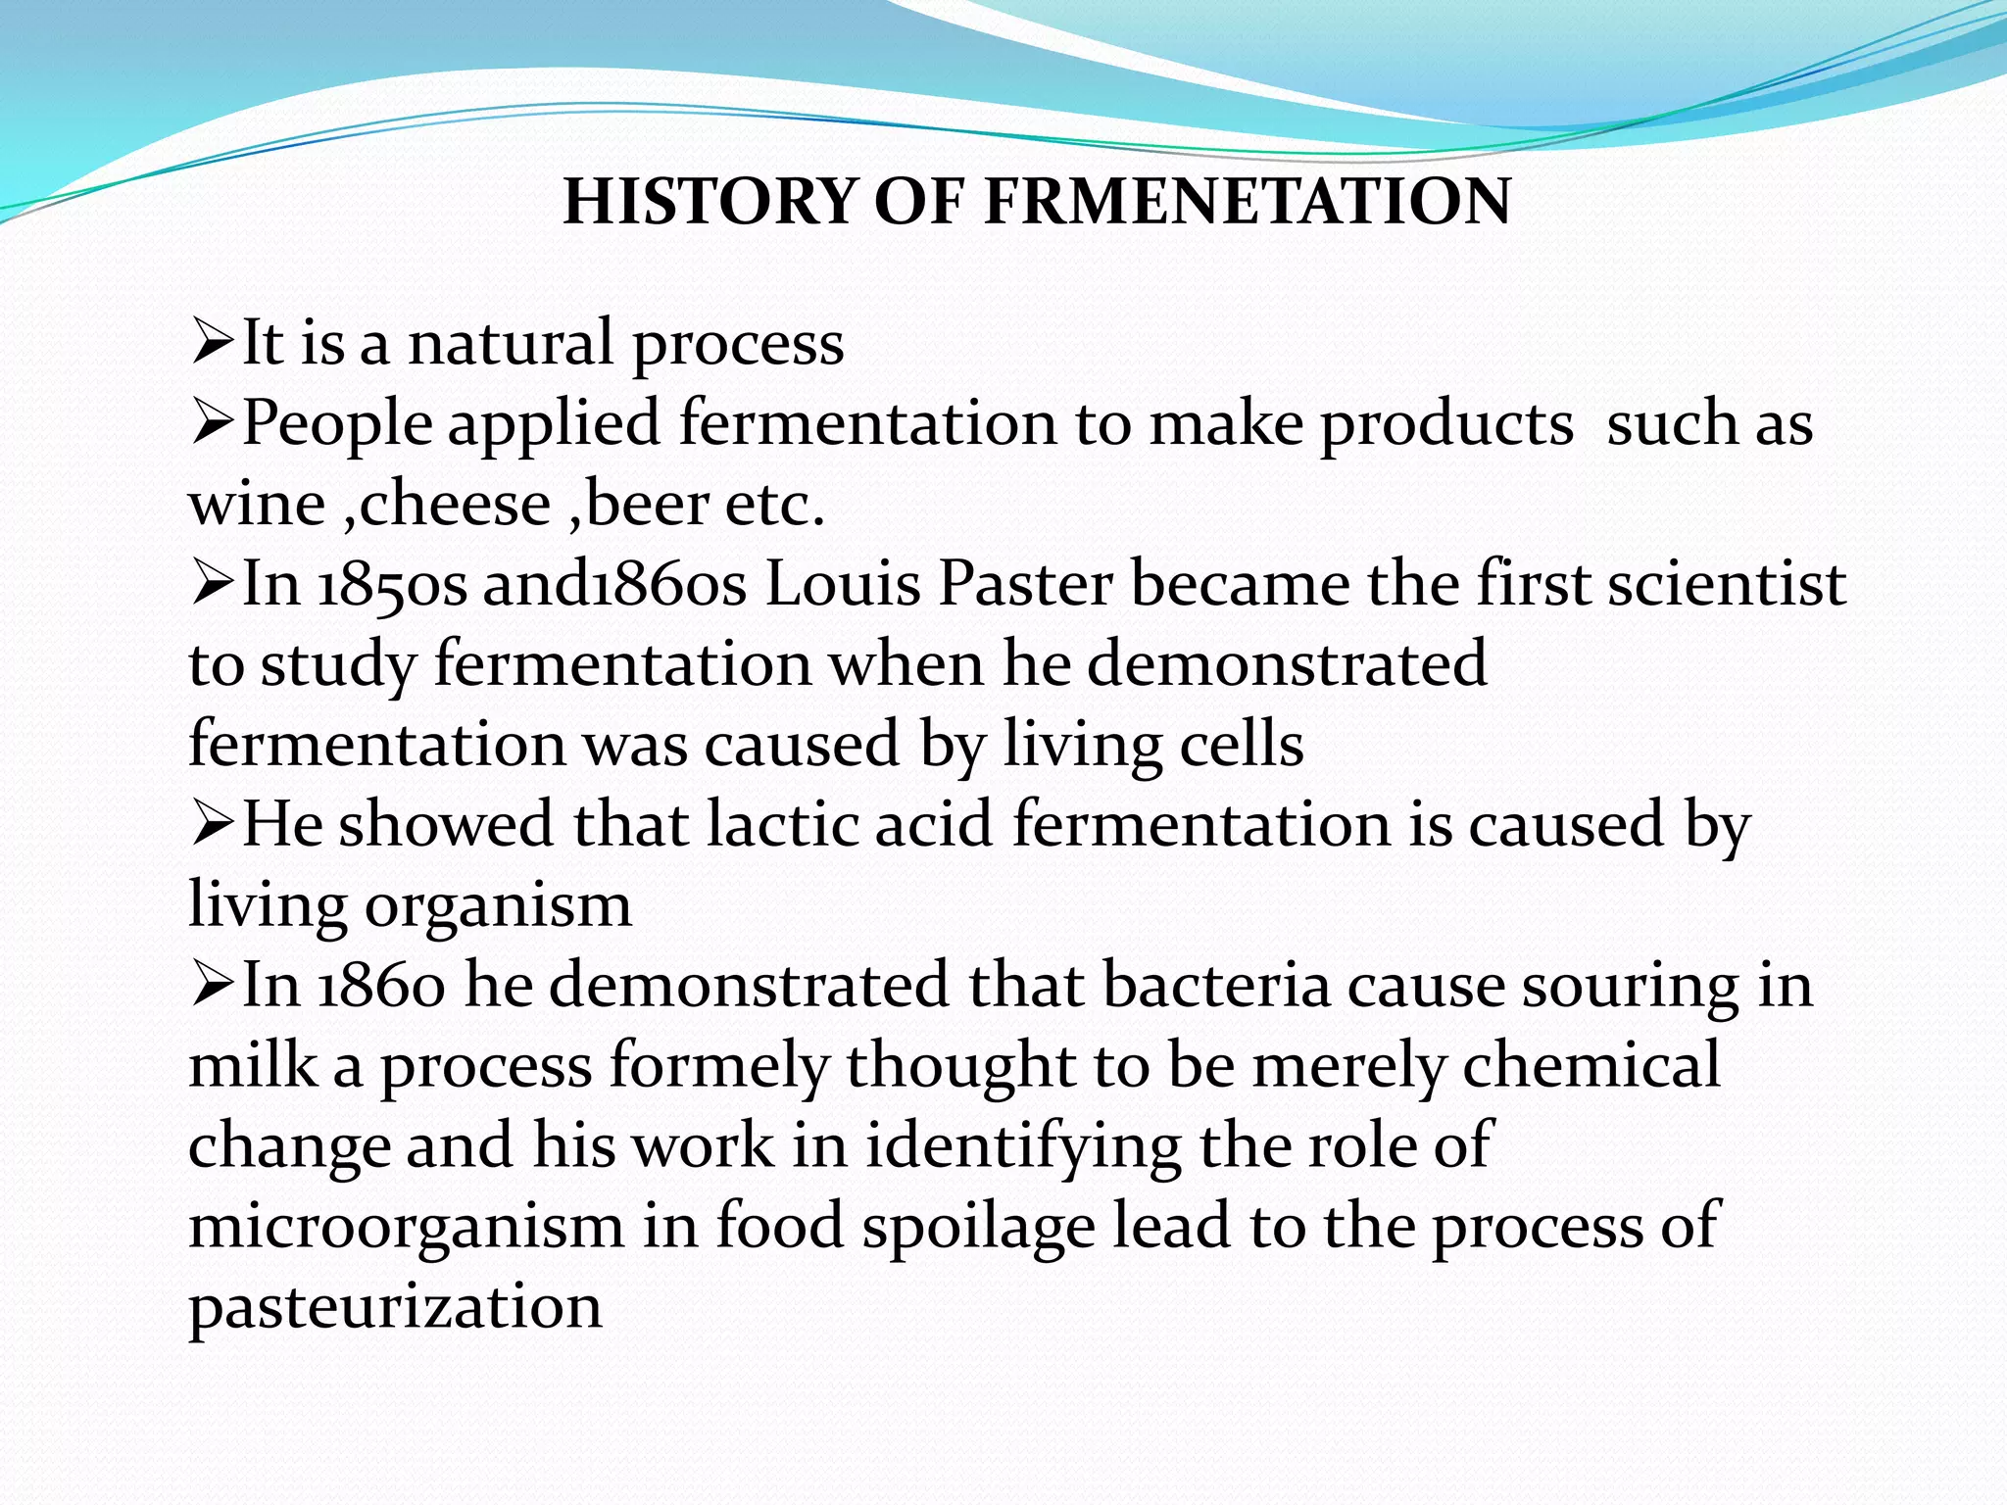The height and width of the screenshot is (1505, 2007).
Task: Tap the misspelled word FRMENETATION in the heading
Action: tap(1248, 202)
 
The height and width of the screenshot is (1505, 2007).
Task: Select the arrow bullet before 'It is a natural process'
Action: tap(212, 344)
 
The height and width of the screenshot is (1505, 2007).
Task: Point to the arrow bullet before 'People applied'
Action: tap(212, 424)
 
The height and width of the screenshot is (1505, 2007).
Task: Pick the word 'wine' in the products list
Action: tap(257, 505)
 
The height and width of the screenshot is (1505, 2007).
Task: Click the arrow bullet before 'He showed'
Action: tap(212, 826)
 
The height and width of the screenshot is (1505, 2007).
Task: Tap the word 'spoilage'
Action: tap(978, 1228)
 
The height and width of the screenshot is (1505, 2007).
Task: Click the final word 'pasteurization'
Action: tap(395, 1308)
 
